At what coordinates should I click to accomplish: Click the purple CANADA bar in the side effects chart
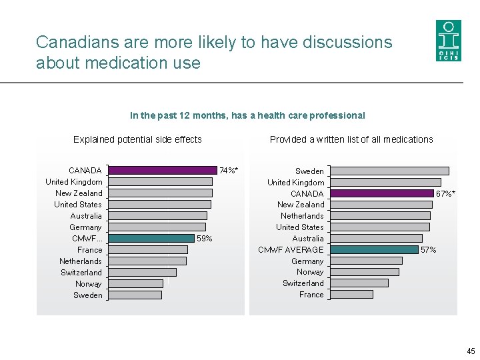pyautogui.click(x=163, y=170)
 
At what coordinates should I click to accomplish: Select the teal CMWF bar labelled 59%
pyautogui.click(x=151, y=238)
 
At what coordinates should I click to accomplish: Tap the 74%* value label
pyautogui.click(x=229, y=171)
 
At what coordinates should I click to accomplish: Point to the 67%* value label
pyautogui.click(x=446, y=194)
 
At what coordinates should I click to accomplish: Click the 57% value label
pyautogui.click(x=428, y=250)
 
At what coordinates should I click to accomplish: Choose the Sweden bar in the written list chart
pyautogui.click(x=389, y=171)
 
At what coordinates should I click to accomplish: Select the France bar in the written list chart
pyautogui.click(x=351, y=294)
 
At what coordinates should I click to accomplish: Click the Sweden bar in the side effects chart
pyautogui.click(x=135, y=295)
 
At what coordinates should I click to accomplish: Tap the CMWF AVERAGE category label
pyautogui.click(x=291, y=250)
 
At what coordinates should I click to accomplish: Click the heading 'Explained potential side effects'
pyautogui.click(x=137, y=139)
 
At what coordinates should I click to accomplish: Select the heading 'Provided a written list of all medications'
pyautogui.click(x=351, y=139)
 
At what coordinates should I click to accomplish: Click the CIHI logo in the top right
pyautogui.click(x=448, y=40)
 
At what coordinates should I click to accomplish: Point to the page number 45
pyautogui.click(x=471, y=351)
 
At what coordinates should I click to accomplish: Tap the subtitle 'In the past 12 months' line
pyautogui.click(x=247, y=115)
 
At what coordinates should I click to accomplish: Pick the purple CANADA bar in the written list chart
pyautogui.click(x=381, y=193)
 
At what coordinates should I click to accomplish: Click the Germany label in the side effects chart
pyautogui.click(x=85, y=227)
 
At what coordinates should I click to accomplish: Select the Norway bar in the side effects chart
pyautogui.click(x=135, y=283)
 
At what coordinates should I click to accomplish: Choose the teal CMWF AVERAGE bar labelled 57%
pyautogui.click(x=374, y=249)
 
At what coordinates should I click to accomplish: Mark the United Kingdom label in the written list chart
pyautogui.click(x=296, y=183)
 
